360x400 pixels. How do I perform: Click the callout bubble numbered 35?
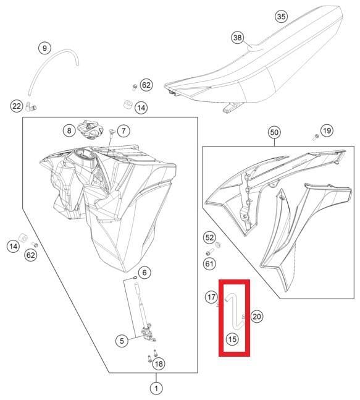point(281,17)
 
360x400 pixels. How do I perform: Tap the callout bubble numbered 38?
point(238,38)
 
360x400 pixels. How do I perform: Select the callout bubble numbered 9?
point(44,48)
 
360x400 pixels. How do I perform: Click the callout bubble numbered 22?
point(17,106)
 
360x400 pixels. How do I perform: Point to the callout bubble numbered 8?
point(69,130)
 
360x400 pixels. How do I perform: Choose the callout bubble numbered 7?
point(123,131)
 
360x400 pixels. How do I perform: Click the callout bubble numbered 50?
point(274,132)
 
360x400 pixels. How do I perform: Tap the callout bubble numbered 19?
point(327,130)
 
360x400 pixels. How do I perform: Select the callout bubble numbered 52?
point(209,237)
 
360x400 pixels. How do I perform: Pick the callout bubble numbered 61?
point(209,263)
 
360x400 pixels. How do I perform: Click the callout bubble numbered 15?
point(232,339)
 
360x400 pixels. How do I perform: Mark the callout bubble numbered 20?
point(256,317)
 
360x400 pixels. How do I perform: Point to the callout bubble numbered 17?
point(211,297)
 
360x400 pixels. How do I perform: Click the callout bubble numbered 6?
point(144,273)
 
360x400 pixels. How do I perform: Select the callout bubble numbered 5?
point(122,341)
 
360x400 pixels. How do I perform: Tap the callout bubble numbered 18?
point(159,364)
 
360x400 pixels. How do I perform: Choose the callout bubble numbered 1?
point(156,388)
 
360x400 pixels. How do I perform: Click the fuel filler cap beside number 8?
point(90,130)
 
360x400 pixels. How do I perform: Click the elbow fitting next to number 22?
point(31,106)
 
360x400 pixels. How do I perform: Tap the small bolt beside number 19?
point(316,137)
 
